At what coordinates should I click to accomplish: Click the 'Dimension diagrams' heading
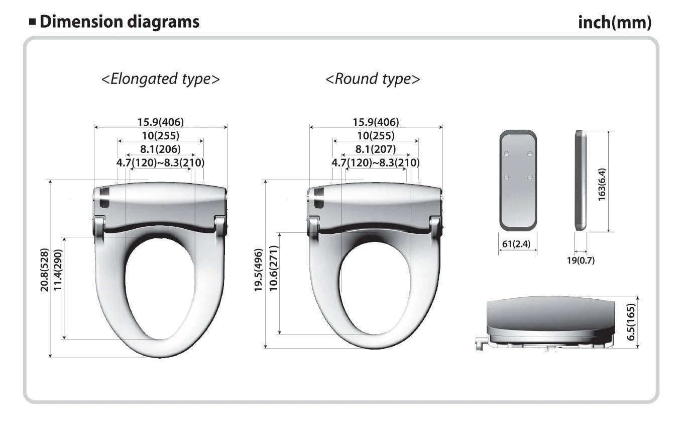120,22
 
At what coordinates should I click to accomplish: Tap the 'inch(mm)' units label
615,23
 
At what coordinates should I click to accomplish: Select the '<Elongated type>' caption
161,79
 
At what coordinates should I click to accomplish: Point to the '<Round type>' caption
373,79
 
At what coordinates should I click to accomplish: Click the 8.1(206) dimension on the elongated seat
161,149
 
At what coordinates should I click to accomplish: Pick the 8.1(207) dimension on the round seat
376,149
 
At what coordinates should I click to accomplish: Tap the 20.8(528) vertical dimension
44,270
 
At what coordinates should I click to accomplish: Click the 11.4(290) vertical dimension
58,270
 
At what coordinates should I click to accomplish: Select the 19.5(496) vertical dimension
259,270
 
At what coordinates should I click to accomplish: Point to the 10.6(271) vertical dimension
273,268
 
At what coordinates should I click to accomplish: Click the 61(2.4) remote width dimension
516,244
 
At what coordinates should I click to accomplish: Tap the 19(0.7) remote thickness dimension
581,261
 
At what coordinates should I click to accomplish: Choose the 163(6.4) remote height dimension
602,184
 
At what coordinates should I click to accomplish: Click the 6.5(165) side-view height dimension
631,322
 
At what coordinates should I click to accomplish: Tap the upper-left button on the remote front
507,153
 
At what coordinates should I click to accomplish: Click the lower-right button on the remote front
530,177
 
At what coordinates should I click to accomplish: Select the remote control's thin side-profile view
581,180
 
